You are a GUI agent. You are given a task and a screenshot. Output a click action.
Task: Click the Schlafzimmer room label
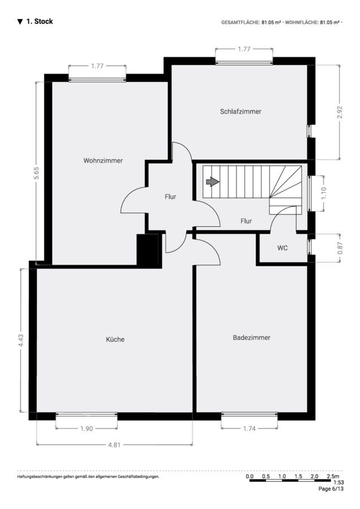(x=241, y=111)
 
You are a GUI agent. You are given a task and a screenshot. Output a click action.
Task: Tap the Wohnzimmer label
(x=103, y=161)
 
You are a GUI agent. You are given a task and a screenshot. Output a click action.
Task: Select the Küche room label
(x=115, y=339)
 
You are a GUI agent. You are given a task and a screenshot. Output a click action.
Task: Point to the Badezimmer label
(x=251, y=338)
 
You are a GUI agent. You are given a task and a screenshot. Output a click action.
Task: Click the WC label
(x=282, y=248)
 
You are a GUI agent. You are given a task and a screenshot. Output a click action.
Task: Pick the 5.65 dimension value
(x=37, y=173)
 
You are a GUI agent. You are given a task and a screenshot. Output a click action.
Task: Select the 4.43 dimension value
(x=21, y=340)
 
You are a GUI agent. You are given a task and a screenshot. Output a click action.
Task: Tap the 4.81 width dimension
(x=114, y=445)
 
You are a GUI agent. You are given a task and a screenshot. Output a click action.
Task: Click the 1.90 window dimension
(x=87, y=429)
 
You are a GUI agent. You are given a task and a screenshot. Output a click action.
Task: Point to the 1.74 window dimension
(x=249, y=429)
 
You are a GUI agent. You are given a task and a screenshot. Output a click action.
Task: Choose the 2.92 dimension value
(x=340, y=112)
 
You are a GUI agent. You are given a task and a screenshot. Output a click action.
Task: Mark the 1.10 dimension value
(x=324, y=193)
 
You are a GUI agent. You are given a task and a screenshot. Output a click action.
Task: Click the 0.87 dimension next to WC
(x=340, y=248)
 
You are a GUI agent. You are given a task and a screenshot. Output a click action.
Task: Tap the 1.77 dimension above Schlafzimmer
(x=244, y=49)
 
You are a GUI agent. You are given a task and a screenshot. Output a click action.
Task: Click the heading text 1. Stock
(x=39, y=21)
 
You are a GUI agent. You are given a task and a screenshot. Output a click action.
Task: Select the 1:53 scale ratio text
(x=338, y=482)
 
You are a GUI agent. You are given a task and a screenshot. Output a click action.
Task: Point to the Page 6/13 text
(x=331, y=489)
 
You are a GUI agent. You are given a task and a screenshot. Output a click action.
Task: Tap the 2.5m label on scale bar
(x=333, y=476)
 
